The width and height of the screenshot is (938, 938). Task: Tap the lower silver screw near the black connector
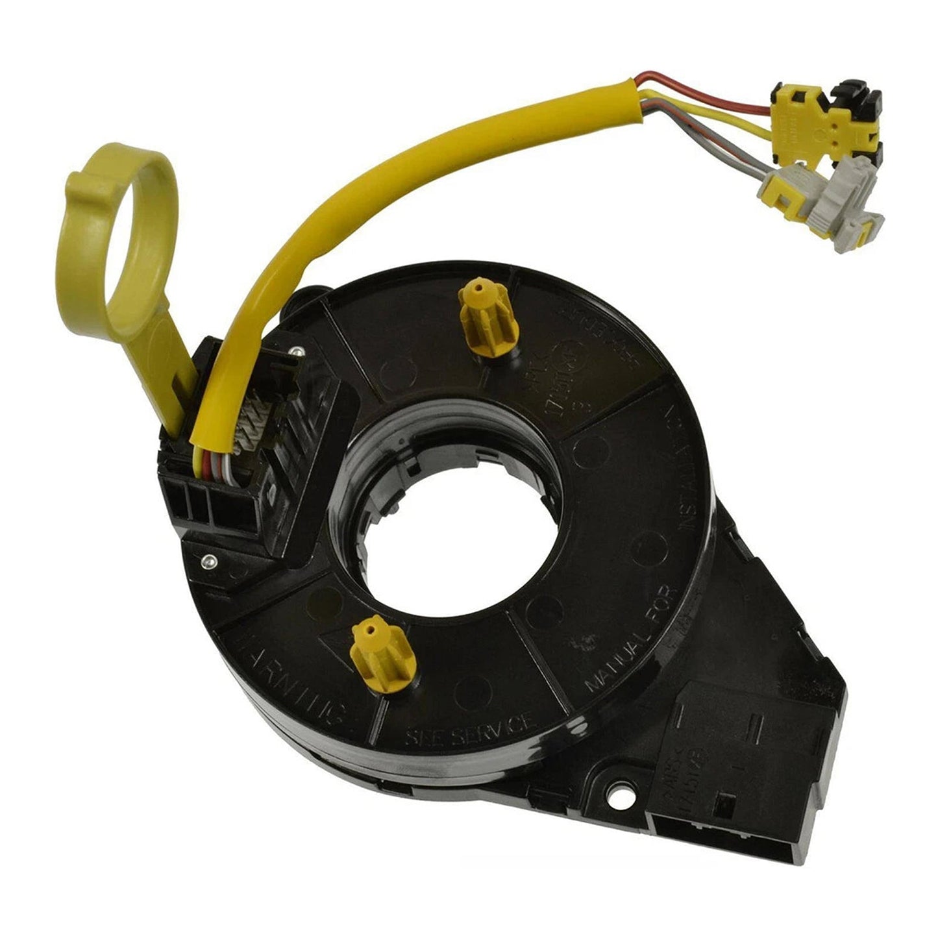pyautogui.click(x=209, y=560)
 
